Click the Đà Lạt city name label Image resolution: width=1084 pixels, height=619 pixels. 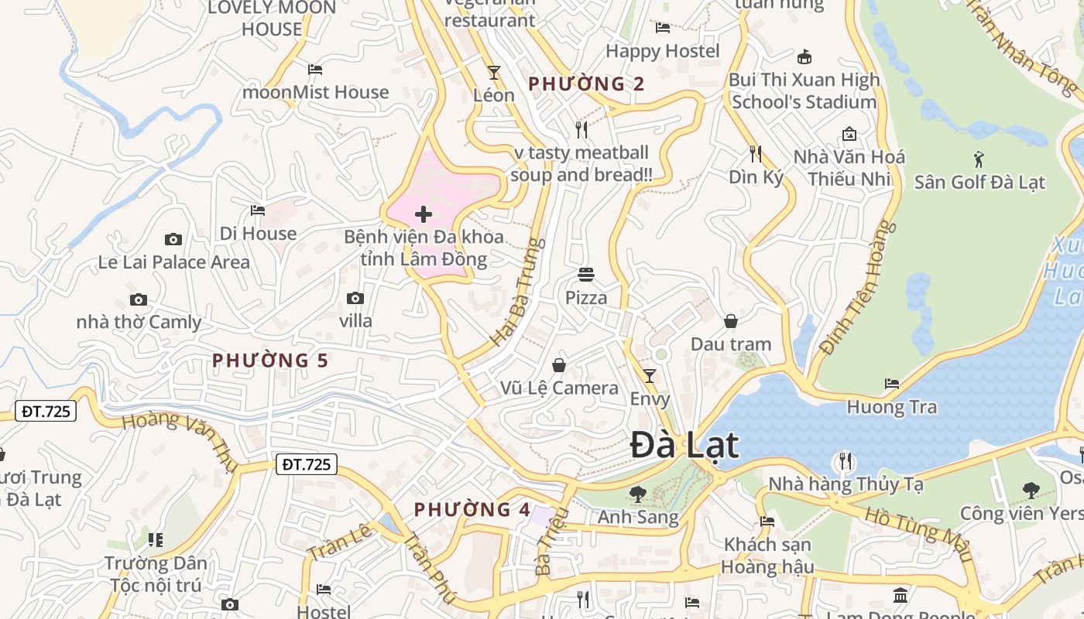coord(684,445)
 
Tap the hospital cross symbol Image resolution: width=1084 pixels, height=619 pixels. coord(423,214)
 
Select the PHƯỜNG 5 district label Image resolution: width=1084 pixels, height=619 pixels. coord(270,361)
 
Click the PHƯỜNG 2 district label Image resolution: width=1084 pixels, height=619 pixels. coord(586,84)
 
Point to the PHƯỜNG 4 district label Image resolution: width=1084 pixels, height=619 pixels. coord(472,510)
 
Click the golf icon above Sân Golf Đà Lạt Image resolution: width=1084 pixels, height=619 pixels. coord(979,160)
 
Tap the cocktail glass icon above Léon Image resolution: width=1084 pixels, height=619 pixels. coord(493,73)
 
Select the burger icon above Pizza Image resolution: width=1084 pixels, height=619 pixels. coord(586,275)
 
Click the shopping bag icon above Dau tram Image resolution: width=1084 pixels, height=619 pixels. coord(730,321)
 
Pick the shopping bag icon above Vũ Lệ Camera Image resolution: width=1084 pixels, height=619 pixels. coord(559,365)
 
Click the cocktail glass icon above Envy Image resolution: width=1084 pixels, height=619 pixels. coord(650,376)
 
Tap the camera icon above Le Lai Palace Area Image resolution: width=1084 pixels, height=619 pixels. coord(173,240)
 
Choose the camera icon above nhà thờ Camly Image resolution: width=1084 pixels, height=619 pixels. coord(139,299)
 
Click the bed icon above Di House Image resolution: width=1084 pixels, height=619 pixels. coord(258,210)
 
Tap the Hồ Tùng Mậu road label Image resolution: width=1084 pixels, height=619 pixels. coord(918,535)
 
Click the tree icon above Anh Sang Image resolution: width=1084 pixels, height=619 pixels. coord(637,493)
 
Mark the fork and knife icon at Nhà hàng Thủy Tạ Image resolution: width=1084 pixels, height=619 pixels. coord(845,462)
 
